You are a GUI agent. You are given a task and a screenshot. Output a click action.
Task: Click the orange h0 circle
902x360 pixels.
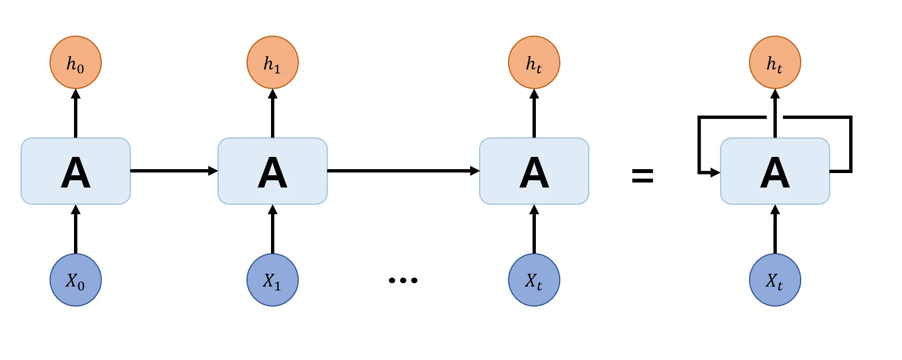76,62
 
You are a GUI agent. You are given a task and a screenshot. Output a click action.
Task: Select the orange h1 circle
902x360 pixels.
273,62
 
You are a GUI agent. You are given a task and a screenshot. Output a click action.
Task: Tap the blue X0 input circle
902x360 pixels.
76,280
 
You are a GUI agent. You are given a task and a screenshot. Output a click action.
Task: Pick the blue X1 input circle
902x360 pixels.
273,280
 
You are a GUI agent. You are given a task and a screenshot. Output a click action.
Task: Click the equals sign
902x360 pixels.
642,176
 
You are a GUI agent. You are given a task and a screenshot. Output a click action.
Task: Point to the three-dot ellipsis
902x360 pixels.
403,280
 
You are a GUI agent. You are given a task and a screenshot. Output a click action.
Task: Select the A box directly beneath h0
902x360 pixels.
76,171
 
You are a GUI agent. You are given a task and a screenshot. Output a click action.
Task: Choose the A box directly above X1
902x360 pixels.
273,171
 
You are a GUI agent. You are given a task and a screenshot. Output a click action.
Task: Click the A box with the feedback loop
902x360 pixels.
775,171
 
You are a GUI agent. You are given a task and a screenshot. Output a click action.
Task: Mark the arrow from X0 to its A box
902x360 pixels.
76,229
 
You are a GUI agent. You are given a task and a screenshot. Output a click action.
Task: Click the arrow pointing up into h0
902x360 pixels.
76,114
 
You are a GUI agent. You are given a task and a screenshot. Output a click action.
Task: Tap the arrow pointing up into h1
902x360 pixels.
273,114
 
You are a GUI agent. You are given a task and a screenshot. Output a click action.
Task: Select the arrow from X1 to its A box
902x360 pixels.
273,229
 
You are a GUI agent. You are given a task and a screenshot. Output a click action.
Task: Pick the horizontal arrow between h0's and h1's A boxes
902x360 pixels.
174,171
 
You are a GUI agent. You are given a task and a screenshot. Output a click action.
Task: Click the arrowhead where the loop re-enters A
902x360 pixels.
716,172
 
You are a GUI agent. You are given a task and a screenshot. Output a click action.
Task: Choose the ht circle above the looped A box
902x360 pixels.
775,62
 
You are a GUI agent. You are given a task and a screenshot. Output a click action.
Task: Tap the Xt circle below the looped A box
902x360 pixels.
775,280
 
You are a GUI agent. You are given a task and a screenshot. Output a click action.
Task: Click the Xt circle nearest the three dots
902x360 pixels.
534,280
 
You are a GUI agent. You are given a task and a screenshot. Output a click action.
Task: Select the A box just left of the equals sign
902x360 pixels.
534,171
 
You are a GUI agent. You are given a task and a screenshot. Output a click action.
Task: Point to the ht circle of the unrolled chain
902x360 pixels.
534,62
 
